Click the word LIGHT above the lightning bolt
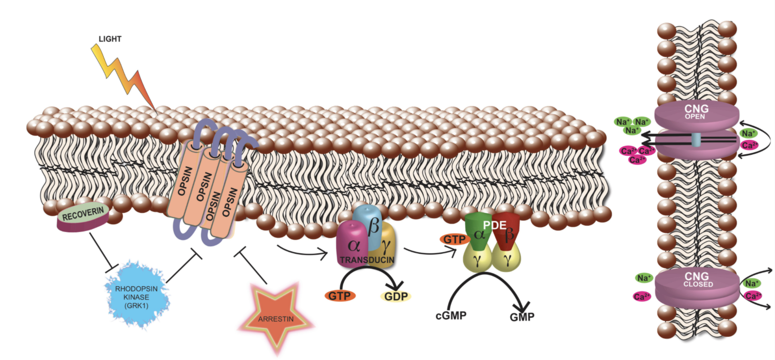click(110, 39)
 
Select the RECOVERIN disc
click(83, 217)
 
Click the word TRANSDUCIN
click(367, 260)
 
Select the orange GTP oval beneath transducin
click(339, 296)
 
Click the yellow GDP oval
click(396, 296)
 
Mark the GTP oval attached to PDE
click(455, 240)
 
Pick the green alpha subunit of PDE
click(478, 233)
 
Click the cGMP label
click(451, 315)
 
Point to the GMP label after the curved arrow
click(522, 317)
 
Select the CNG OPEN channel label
click(696, 112)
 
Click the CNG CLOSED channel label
click(697, 280)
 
